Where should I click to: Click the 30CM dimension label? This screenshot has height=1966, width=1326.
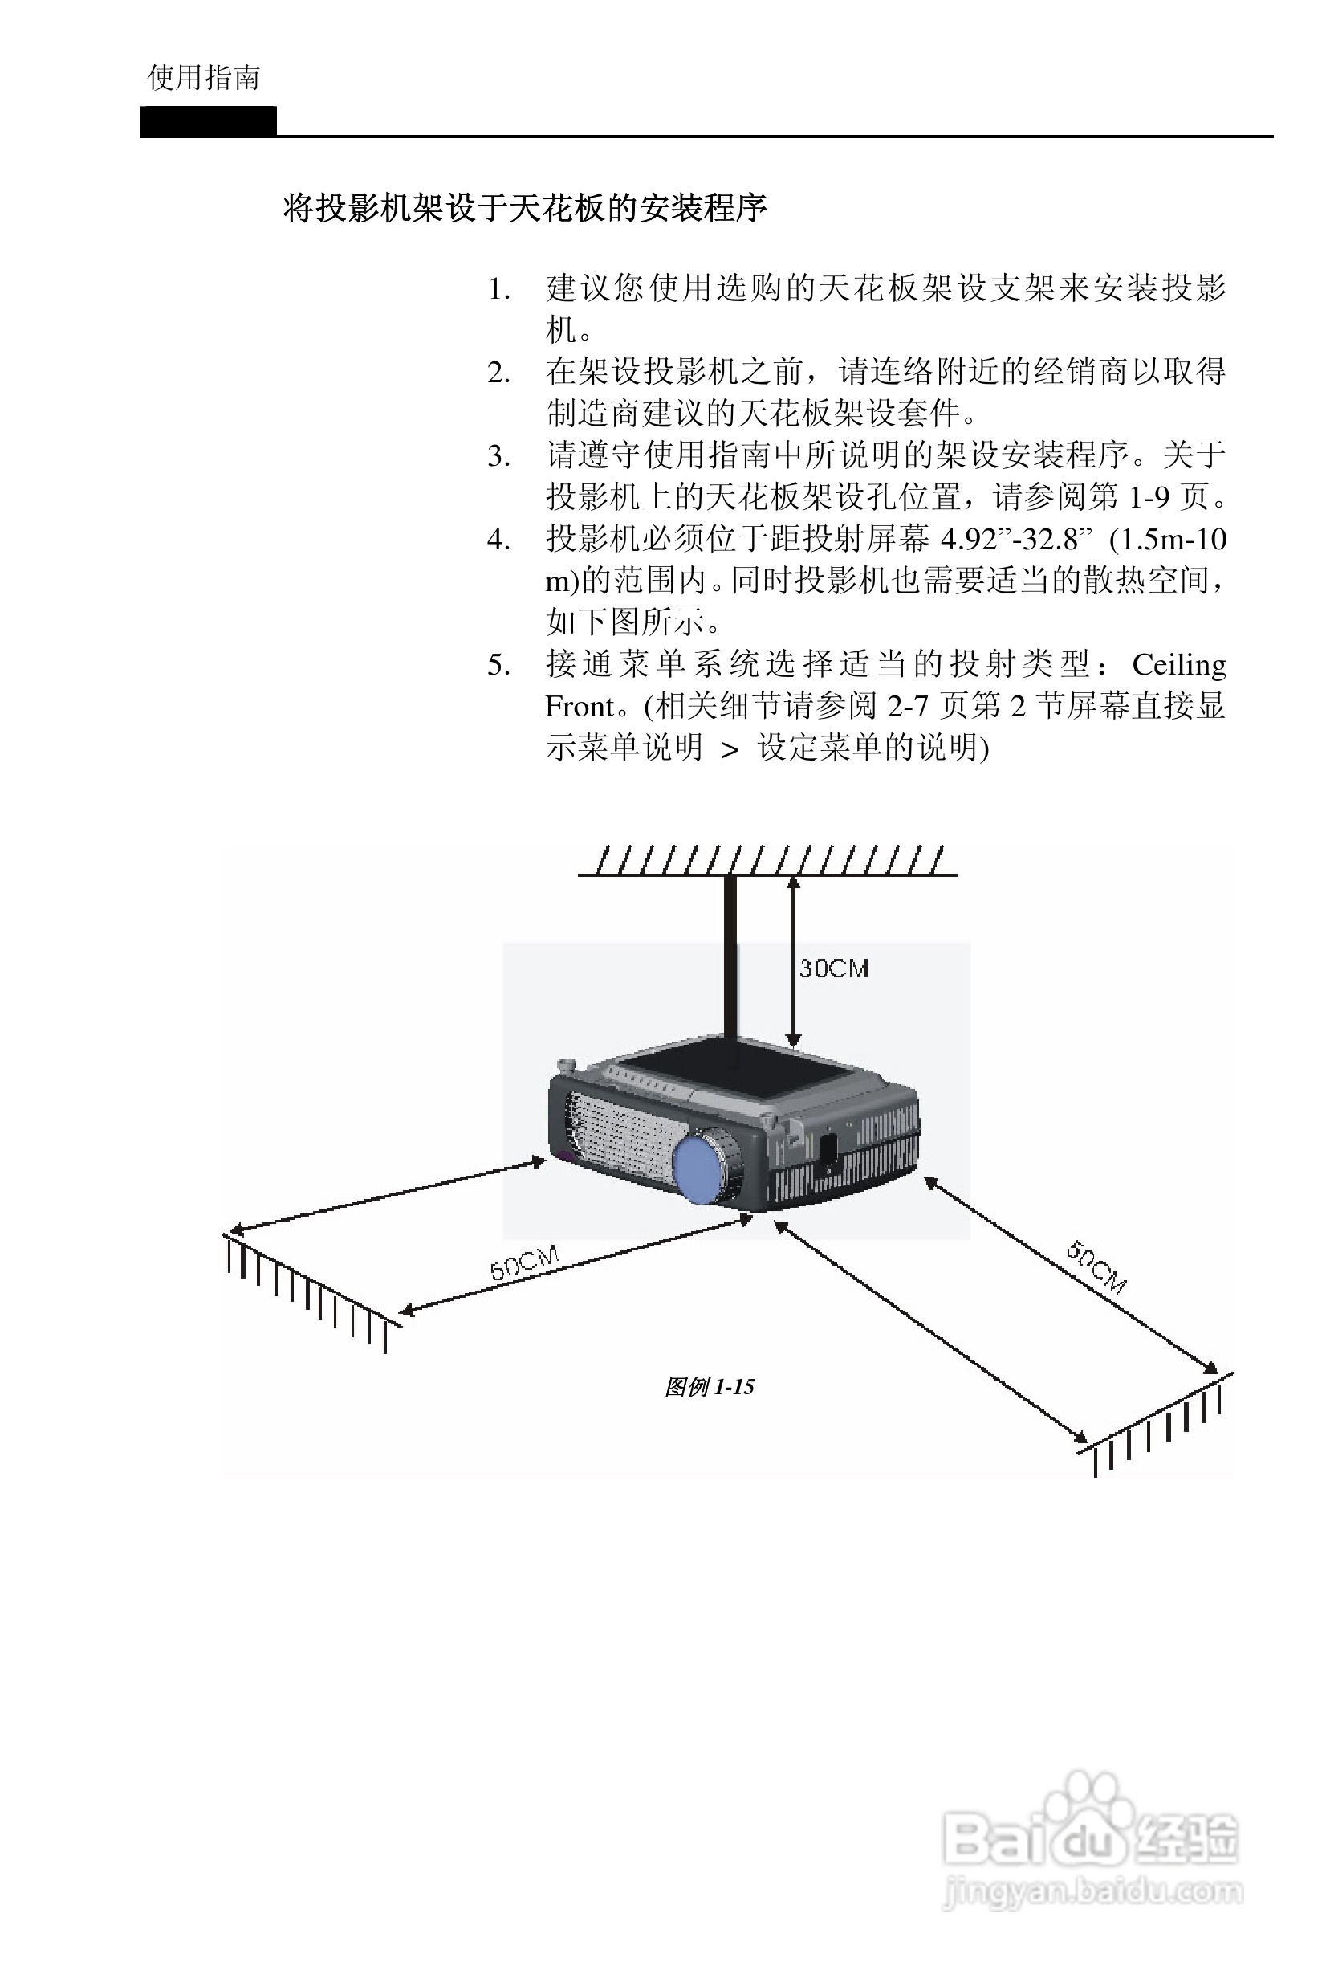tap(834, 968)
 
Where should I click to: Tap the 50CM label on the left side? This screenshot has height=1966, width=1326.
tap(524, 1263)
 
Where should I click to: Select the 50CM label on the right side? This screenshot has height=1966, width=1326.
tap(1096, 1266)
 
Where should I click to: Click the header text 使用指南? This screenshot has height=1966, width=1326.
tap(204, 78)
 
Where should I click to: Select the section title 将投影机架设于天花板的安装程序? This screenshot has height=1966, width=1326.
tap(524, 207)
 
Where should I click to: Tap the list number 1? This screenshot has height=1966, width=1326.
tap(499, 290)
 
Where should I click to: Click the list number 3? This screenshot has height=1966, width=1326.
tap(499, 457)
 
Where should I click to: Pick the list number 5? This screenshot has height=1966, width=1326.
tap(499, 665)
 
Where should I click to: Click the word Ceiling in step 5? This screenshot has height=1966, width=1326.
tap(1179, 665)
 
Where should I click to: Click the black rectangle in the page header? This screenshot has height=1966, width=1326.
tap(209, 121)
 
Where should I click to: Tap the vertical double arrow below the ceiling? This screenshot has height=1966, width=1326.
tap(792, 961)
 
